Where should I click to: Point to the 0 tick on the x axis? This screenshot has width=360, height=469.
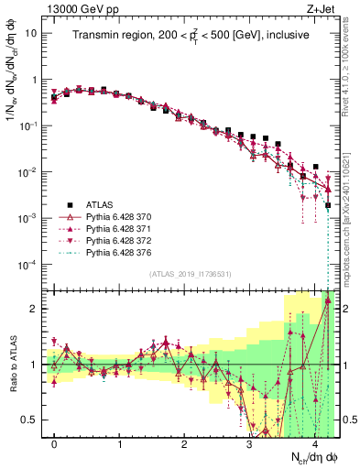pyautogui.click(x=54, y=444)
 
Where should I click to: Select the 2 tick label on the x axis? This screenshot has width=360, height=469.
pyautogui.click(x=184, y=444)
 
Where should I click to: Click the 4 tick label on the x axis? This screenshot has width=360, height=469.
pyautogui.click(x=314, y=444)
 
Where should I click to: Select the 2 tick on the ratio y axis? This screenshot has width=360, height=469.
pyautogui.click(x=32, y=309)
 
